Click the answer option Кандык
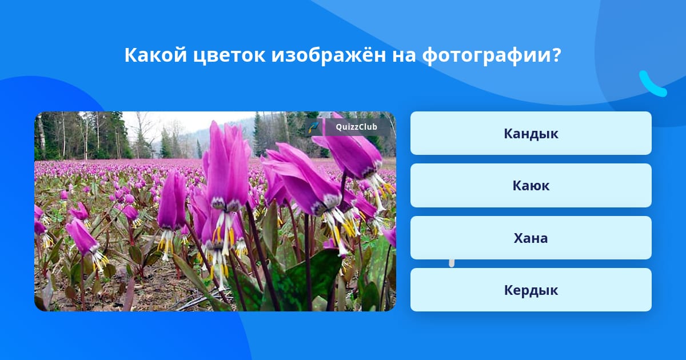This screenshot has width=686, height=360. [531, 133]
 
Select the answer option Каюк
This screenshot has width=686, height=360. [531, 186]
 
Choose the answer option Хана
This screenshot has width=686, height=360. [531, 238]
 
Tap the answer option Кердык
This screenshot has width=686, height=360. [531, 290]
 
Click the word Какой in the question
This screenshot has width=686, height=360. [155, 55]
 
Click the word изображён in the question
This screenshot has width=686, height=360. [329, 55]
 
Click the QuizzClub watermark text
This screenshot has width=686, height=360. [356, 127]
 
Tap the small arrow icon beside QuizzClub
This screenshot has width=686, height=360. [314, 127]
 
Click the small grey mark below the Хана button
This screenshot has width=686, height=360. [452, 263]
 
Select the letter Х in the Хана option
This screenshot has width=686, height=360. [519, 238]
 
